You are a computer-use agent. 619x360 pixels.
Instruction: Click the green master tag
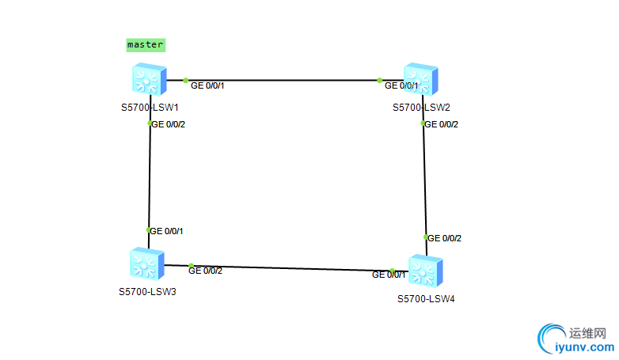coord(146,45)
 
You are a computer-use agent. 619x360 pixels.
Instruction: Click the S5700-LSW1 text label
coord(150,107)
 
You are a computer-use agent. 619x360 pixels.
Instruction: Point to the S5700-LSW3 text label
coord(147,291)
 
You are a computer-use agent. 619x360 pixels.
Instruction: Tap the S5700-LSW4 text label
coord(426,298)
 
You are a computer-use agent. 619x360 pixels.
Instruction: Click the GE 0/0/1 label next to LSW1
coord(208,85)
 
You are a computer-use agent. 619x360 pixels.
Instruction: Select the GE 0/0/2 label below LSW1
coord(169,124)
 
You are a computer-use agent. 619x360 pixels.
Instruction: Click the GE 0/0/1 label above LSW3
coord(168,231)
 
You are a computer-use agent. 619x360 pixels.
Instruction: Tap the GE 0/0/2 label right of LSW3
coord(206,271)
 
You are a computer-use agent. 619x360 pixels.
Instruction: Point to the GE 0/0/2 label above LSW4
coord(445,238)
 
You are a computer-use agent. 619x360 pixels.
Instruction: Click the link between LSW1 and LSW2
coord(285,80)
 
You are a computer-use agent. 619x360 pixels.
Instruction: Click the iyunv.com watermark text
coord(586,347)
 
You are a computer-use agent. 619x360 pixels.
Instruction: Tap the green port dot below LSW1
coord(150,123)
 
